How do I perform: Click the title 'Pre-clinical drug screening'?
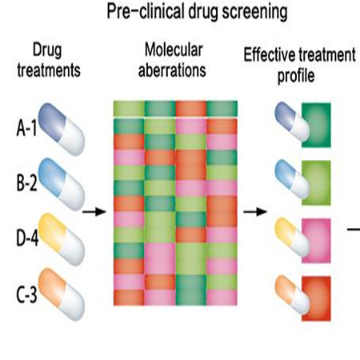click(197, 12)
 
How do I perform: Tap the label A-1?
click(26, 128)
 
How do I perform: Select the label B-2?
click(26, 182)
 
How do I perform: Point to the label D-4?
click(27, 238)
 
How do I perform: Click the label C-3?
click(26, 294)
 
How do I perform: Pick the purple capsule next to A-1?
click(62, 130)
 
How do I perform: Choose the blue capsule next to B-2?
click(62, 184)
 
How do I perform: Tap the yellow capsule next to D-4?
click(62, 239)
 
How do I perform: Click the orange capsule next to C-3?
click(62, 294)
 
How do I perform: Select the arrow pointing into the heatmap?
click(94, 212)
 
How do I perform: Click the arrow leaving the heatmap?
click(255, 212)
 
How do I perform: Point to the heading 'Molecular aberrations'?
click(172, 60)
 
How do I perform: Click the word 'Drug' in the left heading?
click(47, 50)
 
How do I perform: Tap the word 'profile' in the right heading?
click(296, 76)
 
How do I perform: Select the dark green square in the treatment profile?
click(316, 125)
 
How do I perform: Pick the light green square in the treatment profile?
click(316, 183)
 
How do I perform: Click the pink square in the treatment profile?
click(316, 241)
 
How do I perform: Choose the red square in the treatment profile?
click(316, 298)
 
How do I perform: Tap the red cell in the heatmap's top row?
click(191, 109)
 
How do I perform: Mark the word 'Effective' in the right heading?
click(270, 54)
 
